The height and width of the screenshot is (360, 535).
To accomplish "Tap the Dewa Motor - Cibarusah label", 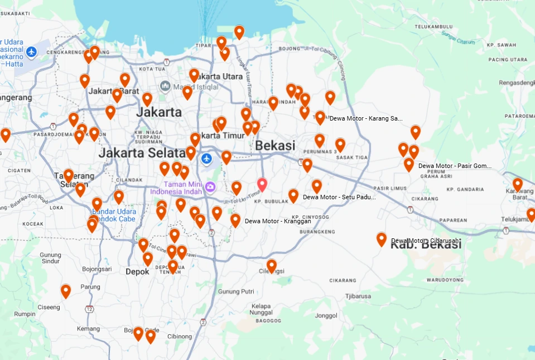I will coord(425,241).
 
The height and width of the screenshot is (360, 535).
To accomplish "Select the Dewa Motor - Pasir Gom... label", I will coord(455,166).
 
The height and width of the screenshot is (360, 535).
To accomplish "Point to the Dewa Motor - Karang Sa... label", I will coord(366,118).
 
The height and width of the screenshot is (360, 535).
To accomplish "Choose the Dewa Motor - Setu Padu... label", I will coord(339,197).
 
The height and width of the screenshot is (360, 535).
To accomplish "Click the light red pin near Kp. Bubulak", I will coord(262,184).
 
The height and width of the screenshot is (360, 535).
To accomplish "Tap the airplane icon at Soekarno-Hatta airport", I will coord(31,52).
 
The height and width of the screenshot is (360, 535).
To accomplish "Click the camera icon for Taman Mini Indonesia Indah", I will coord(210,186).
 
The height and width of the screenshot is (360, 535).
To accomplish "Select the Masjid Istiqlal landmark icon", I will coord(165,86).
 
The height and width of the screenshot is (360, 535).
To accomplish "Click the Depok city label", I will coord(137,272).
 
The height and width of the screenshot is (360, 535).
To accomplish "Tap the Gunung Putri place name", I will coord(236,291).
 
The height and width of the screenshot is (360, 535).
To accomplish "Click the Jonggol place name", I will coord(326,315).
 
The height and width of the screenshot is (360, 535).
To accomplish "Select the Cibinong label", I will coord(180,337).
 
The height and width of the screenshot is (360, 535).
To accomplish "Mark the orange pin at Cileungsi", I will coord(272,265).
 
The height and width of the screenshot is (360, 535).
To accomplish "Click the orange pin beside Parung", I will coord(66,290).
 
